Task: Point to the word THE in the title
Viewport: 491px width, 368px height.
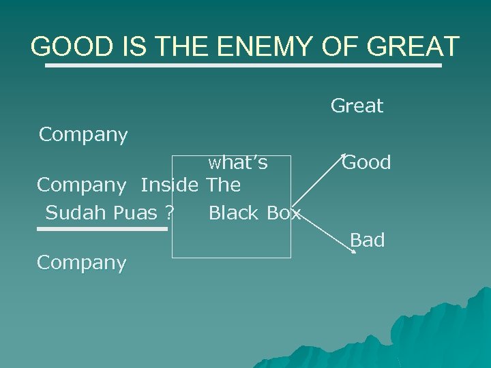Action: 181,47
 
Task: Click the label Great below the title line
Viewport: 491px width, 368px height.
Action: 357,106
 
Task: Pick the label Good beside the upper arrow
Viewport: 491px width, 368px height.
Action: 367,163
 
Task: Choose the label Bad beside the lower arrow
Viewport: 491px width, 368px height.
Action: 368,241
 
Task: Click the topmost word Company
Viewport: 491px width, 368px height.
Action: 83,136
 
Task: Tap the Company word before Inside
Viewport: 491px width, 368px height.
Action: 81,185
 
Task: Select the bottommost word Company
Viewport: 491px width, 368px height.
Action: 81,263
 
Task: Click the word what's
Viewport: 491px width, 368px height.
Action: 238,163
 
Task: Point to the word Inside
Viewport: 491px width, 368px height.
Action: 170,185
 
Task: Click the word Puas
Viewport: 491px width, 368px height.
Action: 135,213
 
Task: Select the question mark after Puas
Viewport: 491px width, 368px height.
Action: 168,213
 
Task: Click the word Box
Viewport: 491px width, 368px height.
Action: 283,213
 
